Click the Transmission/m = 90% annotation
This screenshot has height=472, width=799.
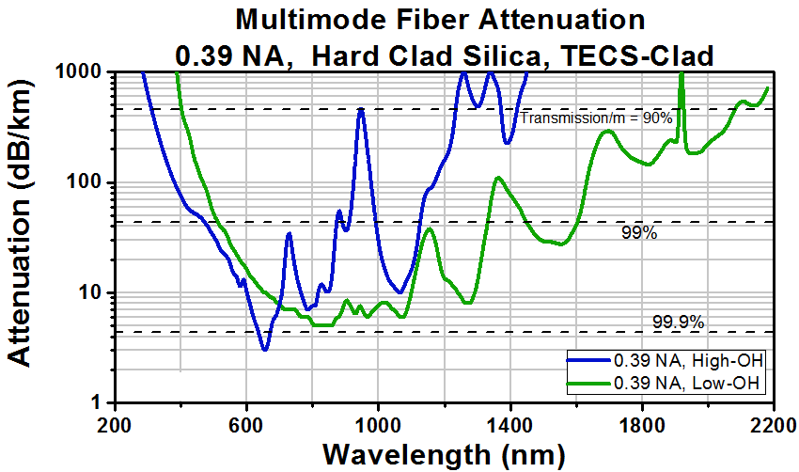(597, 118)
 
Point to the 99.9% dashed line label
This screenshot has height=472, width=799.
(678, 323)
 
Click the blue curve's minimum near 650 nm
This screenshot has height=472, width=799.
(265, 350)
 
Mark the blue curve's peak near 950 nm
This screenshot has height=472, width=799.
(361, 110)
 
